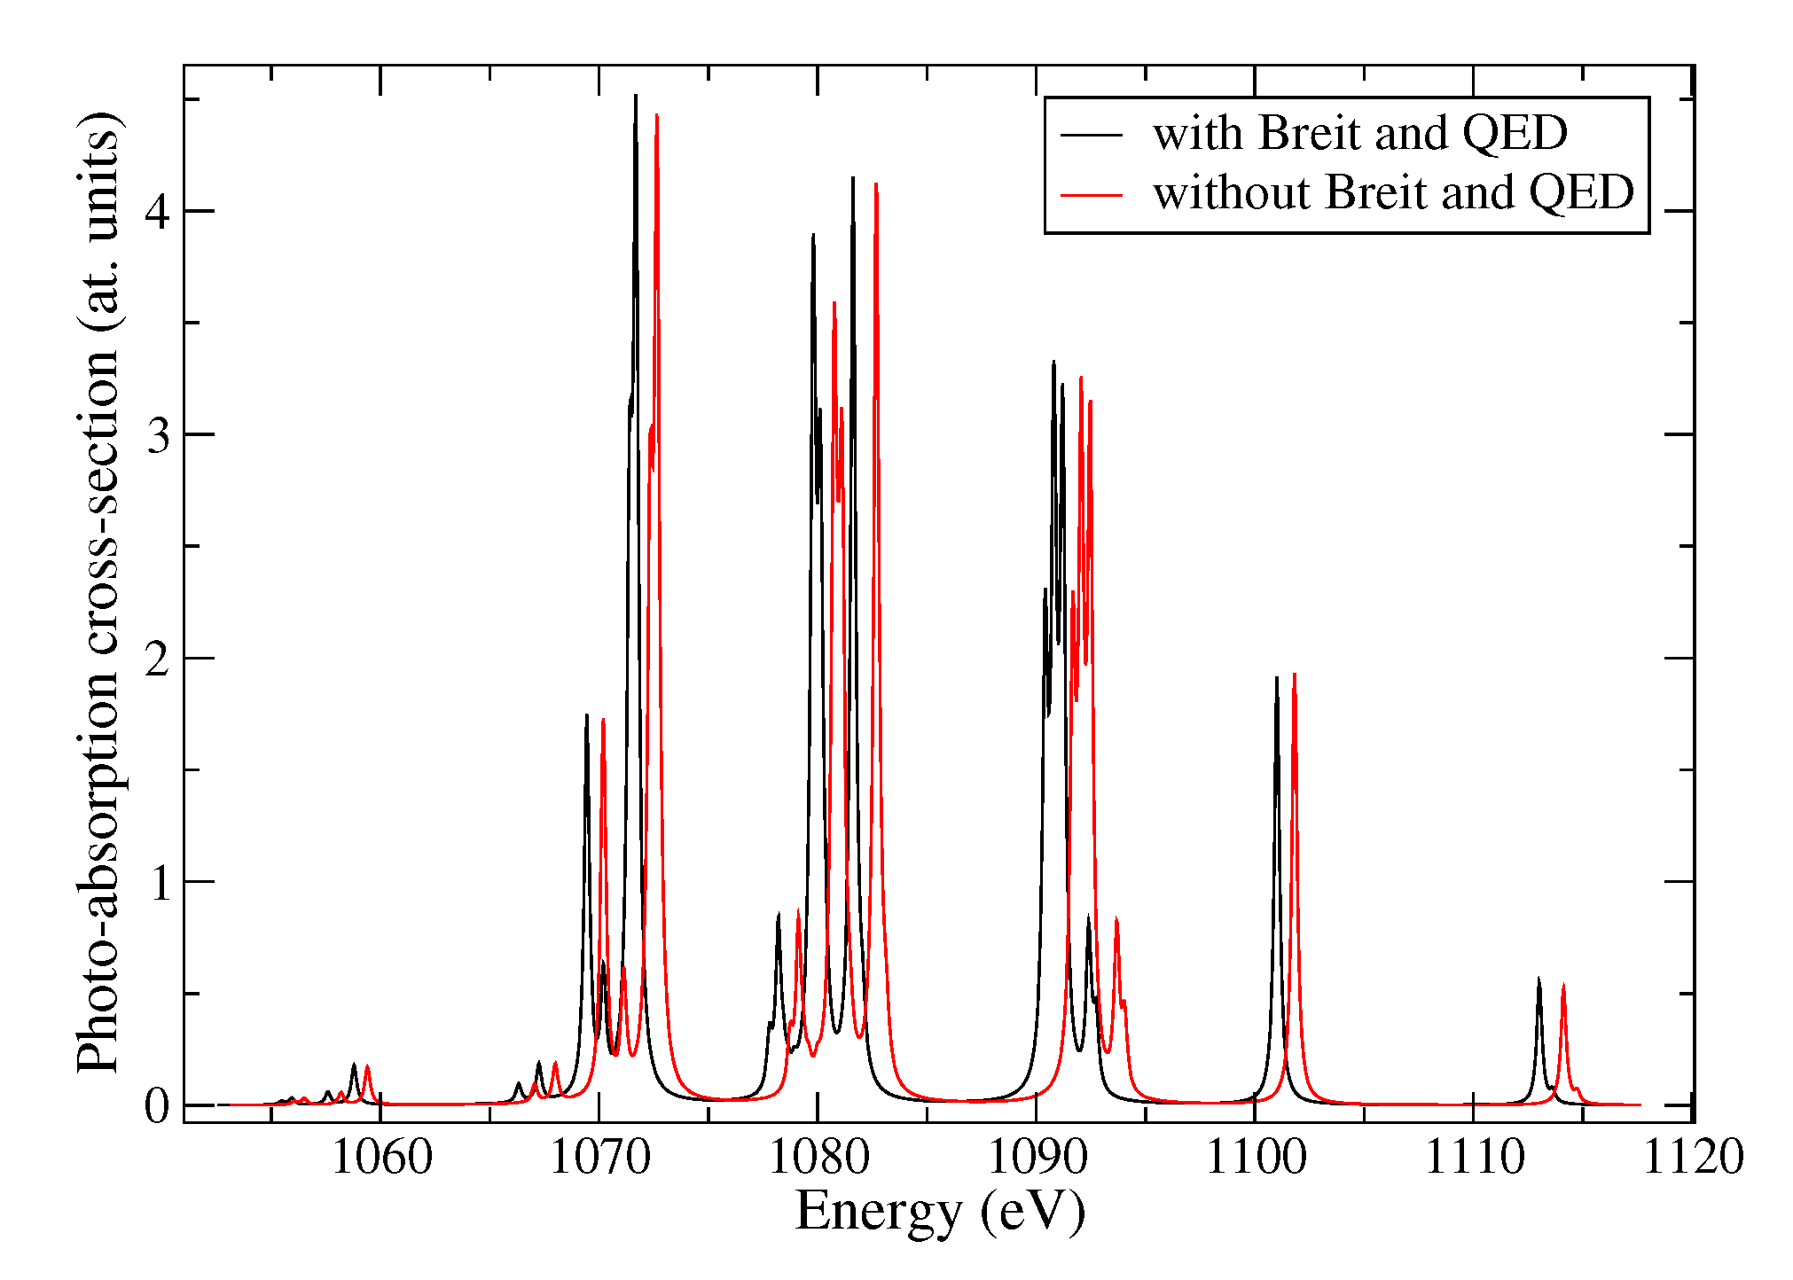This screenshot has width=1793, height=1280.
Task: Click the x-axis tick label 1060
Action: (381, 1157)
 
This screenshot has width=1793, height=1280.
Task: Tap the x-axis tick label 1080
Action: (818, 1157)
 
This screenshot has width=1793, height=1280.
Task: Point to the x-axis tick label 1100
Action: (1256, 1157)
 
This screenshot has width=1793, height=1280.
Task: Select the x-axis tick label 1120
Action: (1693, 1157)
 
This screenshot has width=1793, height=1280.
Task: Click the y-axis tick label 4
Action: (158, 212)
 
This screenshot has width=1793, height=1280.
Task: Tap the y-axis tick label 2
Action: (158, 659)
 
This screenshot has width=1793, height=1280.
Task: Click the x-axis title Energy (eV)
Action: (940, 1211)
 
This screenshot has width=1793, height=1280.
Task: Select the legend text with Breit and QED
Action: (1359, 134)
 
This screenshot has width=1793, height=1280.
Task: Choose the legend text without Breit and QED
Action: (1392, 192)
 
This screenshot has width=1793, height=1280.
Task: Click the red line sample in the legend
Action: (1092, 193)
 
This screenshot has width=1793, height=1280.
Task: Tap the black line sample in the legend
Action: (1092, 135)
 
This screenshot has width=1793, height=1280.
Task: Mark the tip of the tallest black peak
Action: (636, 96)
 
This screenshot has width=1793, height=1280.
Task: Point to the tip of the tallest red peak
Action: (656, 115)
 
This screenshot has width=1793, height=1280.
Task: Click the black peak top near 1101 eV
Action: (1277, 678)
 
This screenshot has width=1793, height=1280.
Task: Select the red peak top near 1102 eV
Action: (1295, 675)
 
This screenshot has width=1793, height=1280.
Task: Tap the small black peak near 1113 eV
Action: (1539, 979)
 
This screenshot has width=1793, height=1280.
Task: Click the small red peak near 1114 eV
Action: (1563, 985)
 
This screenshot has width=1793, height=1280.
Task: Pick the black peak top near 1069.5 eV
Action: (586, 715)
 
